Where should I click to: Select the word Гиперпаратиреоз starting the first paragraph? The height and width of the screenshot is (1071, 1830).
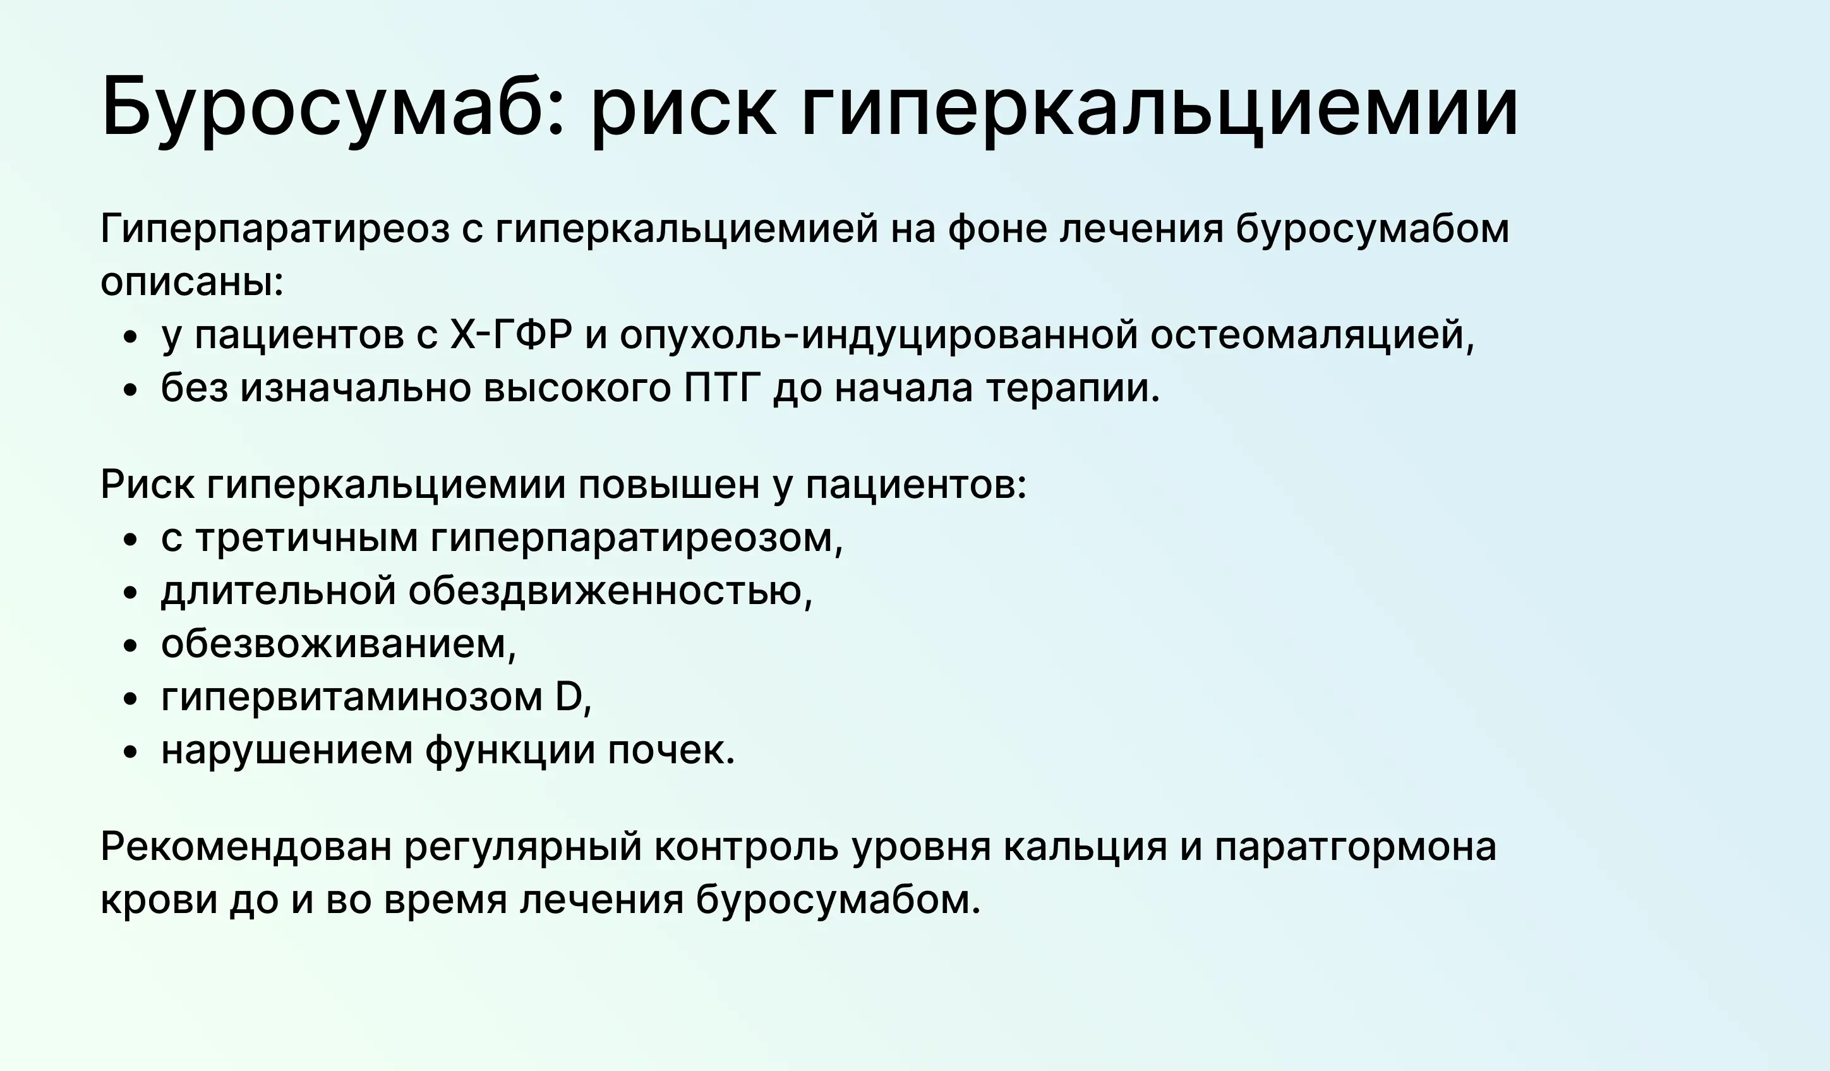click(x=275, y=229)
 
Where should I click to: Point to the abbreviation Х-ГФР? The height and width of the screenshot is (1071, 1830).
click(x=510, y=335)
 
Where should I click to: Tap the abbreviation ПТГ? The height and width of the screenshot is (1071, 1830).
click(x=722, y=389)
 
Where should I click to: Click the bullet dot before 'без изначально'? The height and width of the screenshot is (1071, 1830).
click(x=131, y=391)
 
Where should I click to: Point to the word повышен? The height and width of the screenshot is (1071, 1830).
click(x=669, y=485)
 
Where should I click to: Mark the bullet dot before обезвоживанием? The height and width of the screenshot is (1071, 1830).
click(x=131, y=646)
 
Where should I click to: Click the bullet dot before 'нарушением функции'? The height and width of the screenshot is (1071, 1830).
click(x=131, y=753)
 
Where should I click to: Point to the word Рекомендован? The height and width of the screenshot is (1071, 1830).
click(x=246, y=847)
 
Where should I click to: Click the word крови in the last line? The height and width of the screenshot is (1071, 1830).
click(x=159, y=901)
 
